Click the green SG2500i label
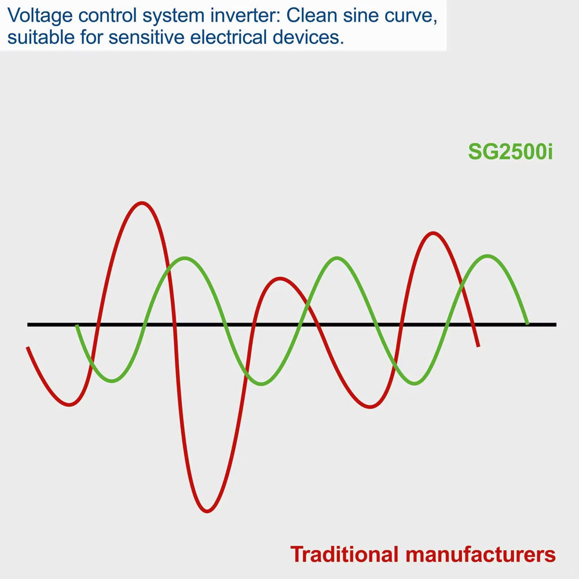pyautogui.click(x=510, y=151)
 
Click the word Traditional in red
pyautogui.click(x=345, y=554)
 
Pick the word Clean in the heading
pyautogui.click(x=312, y=15)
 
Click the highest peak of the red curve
pyautogui.click(x=142, y=203)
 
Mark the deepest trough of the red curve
pyautogui.click(x=207, y=511)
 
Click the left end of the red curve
pyautogui.click(x=27, y=347)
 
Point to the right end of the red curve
pyautogui.click(x=479, y=346)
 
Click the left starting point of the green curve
pyautogui.click(x=77, y=325)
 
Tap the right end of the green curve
pyautogui.click(x=527, y=324)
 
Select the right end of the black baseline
pyautogui.click(x=556, y=325)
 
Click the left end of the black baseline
pyautogui.click(x=28, y=325)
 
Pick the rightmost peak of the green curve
pyautogui.click(x=488, y=255)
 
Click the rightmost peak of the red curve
pyautogui.click(x=433, y=233)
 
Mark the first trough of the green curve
pyautogui.click(x=112, y=381)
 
